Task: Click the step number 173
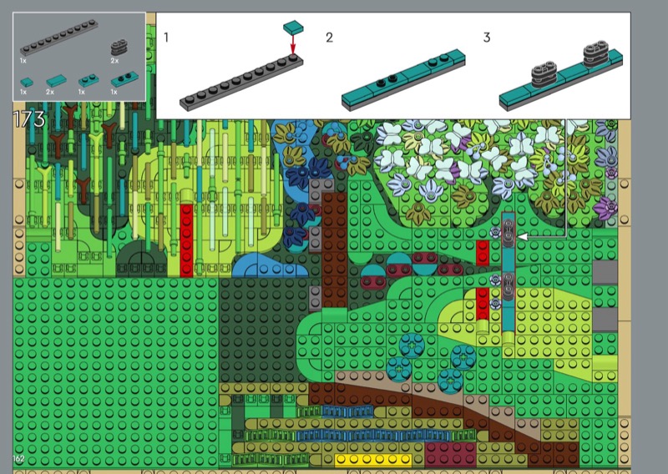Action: point(29,118)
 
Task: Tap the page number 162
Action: point(18,458)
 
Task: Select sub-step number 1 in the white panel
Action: point(166,38)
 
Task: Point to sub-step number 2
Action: point(329,38)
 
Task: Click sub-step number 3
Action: point(487,38)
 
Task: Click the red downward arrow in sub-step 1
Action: point(293,43)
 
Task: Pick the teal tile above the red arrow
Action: point(293,28)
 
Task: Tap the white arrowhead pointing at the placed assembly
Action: point(523,236)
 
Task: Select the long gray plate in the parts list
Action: point(58,38)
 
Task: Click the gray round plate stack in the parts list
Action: point(119,48)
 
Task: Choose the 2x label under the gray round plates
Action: point(114,61)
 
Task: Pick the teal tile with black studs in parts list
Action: point(124,79)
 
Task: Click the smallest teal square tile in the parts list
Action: point(27,82)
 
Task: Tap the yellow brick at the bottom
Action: point(373,460)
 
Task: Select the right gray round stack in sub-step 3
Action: point(595,53)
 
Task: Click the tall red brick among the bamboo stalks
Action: point(186,240)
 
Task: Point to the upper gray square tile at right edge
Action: point(605,273)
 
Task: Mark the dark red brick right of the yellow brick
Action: point(450,454)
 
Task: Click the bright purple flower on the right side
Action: point(607,209)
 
